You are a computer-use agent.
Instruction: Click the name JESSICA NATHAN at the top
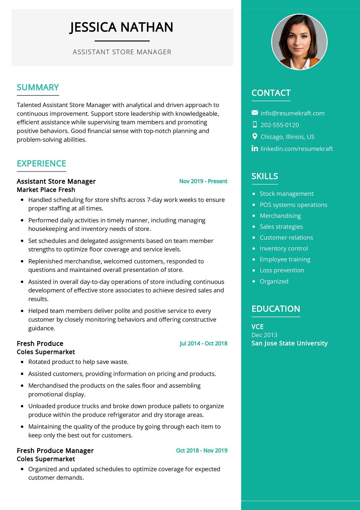click(121, 27)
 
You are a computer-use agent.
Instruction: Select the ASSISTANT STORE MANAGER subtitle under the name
click(122, 52)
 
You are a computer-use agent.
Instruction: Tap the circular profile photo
click(299, 42)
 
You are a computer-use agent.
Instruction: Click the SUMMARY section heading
click(38, 87)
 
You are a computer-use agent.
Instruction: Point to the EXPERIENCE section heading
click(41, 163)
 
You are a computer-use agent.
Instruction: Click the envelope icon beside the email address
click(255, 113)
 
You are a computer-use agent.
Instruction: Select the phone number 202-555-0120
click(279, 125)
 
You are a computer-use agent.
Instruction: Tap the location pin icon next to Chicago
click(255, 137)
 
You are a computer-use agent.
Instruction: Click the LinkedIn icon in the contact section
click(255, 148)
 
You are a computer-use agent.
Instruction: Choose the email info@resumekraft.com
click(292, 113)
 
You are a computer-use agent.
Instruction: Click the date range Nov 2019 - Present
click(203, 181)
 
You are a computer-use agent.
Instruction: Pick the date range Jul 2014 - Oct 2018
click(203, 343)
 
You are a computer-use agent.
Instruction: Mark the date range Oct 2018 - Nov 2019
click(202, 450)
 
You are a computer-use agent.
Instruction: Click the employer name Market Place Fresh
click(46, 190)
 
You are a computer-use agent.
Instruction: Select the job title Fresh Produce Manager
click(55, 451)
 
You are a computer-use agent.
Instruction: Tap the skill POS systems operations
click(293, 205)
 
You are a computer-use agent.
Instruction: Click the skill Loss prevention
click(282, 270)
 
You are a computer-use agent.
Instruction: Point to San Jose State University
click(289, 343)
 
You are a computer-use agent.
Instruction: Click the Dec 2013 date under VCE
click(264, 335)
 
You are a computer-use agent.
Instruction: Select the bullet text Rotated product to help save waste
click(78, 362)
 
